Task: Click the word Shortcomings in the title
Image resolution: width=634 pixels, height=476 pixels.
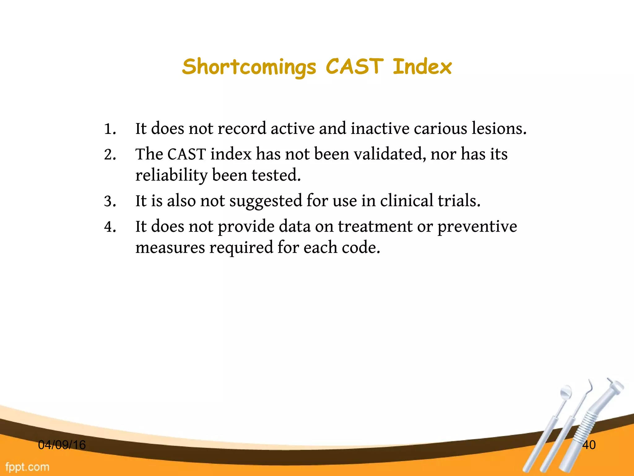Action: tap(249, 67)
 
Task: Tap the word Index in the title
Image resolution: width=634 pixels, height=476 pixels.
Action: tap(422, 67)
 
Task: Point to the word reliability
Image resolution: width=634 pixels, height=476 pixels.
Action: tap(171, 175)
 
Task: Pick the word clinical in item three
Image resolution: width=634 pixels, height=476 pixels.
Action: tap(406, 201)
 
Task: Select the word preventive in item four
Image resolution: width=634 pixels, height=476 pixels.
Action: tap(477, 227)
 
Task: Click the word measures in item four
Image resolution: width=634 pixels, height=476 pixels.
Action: tap(170, 248)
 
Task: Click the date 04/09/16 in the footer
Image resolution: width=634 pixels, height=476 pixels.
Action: tap(62, 445)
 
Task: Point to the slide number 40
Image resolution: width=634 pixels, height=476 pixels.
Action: tap(589, 445)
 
